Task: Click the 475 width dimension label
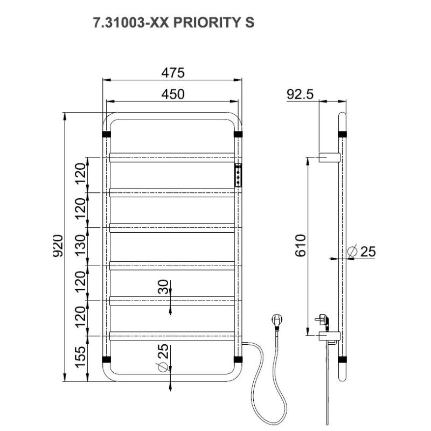pos(173,73)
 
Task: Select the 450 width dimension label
pos(173,95)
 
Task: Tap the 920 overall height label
pos(58,246)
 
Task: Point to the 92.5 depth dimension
pos(300,95)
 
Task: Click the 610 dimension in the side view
pos(301,246)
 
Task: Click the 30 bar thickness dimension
pos(164,287)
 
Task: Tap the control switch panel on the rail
pos(238,176)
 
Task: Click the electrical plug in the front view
pos(276,319)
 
